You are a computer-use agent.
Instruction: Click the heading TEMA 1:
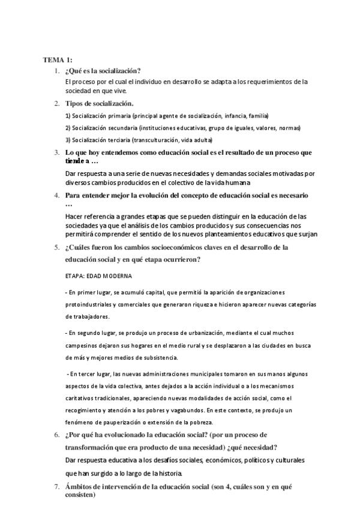tap(58, 60)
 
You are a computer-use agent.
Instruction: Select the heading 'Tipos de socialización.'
tap(99, 104)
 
